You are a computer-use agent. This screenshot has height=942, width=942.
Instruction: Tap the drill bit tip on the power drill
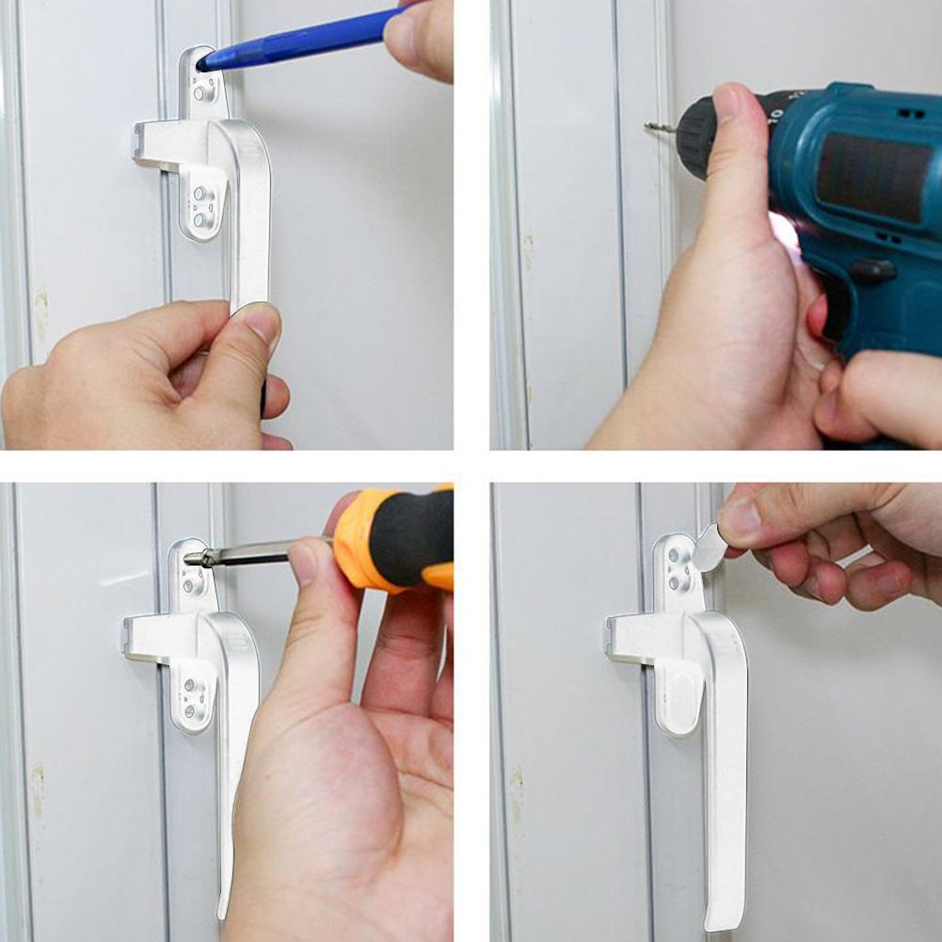coord(648,126)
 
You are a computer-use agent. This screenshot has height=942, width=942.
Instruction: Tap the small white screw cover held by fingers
coord(709,549)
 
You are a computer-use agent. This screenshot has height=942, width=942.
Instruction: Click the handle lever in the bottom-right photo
coord(725,753)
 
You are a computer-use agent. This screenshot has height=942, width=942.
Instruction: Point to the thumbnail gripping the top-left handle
coord(263,325)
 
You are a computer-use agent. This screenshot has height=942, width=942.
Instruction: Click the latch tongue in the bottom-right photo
coord(628,635)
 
